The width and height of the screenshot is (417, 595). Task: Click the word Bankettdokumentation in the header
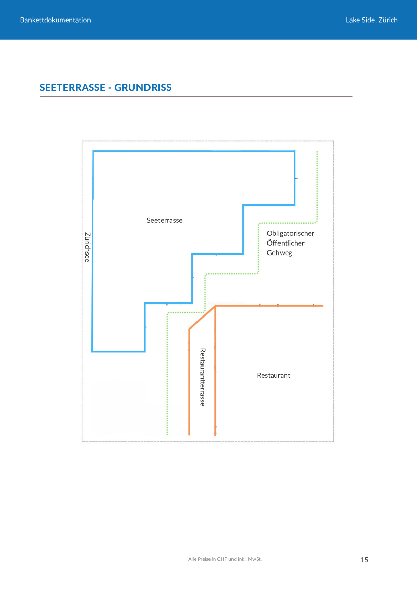click(x=55, y=20)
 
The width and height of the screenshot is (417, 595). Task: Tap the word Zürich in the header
click(x=388, y=20)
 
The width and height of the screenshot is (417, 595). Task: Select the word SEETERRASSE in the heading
click(x=72, y=88)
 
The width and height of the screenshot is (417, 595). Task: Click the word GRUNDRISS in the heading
click(x=143, y=88)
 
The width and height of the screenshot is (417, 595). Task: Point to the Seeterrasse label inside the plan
click(x=165, y=220)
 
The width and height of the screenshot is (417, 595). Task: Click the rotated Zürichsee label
click(x=87, y=247)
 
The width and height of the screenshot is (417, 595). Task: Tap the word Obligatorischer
click(x=290, y=233)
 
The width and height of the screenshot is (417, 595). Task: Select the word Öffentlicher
click(x=285, y=243)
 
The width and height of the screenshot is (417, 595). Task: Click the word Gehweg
click(x=279, y=253)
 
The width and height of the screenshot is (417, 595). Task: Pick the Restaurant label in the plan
click(x=273, y=375)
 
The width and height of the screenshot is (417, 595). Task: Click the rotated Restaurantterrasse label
click(x=202, y=377)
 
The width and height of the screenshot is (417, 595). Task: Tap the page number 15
click(x=364, y=560)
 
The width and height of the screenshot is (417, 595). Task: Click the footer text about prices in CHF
click(x=225, y=559)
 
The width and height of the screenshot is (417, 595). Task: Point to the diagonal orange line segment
click(x=202, y=318)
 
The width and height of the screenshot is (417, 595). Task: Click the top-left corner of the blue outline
click(x=93, y=151)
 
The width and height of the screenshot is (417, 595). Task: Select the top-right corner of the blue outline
click(x=294, y=151)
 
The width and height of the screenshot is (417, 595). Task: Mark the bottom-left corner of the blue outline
click(x=92, y=351)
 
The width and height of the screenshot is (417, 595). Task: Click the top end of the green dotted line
click(x=317, y=152)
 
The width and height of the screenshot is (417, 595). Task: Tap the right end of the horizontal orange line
click(x=323, y=306)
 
